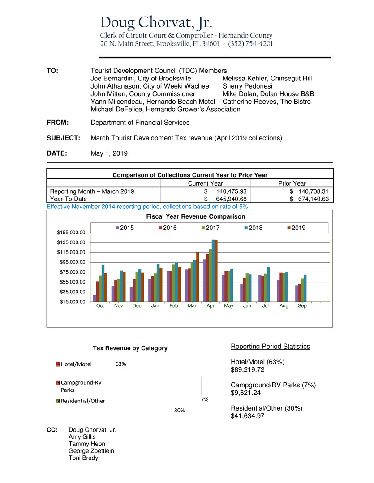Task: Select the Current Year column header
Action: (x=206, y=183)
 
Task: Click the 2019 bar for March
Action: (x=198, y=277)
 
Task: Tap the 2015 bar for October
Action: (x=95, y=298)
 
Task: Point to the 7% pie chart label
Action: (x=205, y=399)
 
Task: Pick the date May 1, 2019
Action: (x=109, y=153)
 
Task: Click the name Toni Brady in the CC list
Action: (x=83, y=458)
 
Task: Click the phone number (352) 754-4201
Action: (x=250, y=44)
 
